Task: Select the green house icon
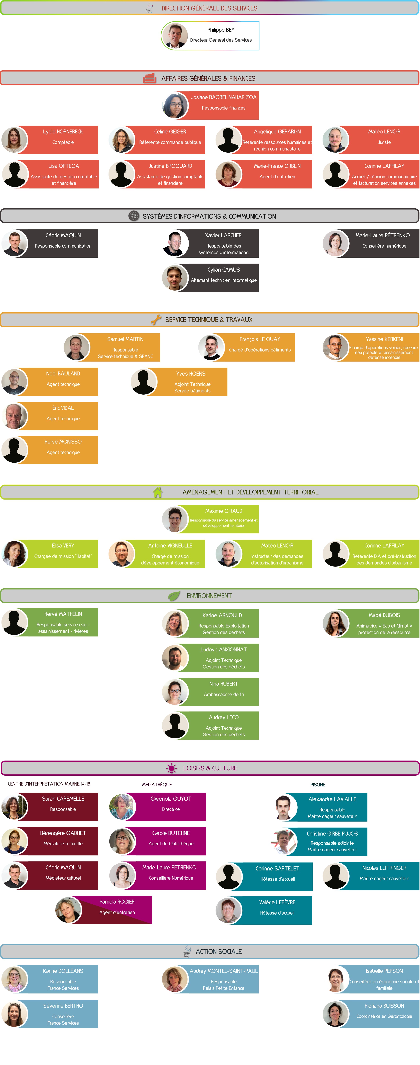(x=157, y=492)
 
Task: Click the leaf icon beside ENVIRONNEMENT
(x=174, y=596)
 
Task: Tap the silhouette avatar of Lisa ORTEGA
(x=15, y=174)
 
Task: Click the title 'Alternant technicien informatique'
(x=223, y=280)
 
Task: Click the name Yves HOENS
(x=191, y=374)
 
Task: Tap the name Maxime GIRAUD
(x=223, y=511)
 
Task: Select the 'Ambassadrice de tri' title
(x=223, y=695)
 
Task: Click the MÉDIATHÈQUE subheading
(x=157, y=785)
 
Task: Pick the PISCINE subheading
(x=318, y=785)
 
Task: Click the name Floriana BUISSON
(x=384, y=1006)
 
